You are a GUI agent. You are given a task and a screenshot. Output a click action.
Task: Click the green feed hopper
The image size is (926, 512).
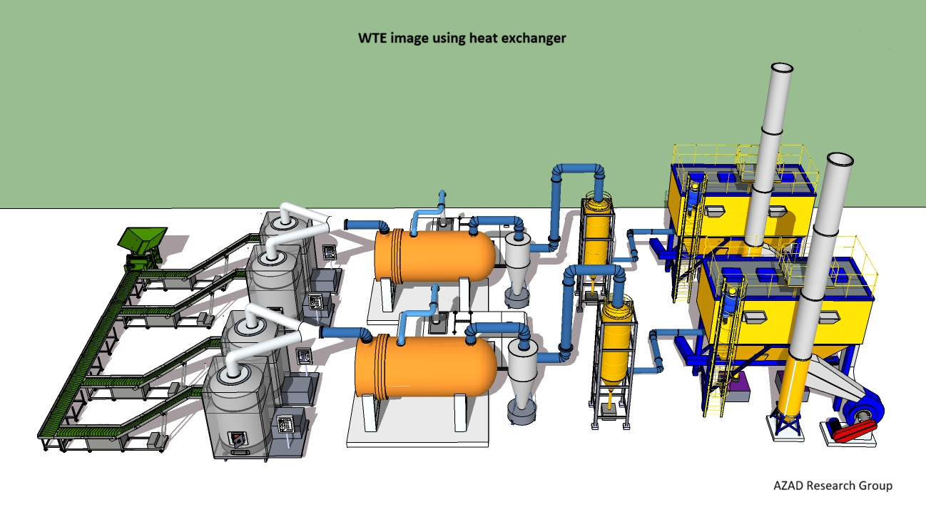[143, 241]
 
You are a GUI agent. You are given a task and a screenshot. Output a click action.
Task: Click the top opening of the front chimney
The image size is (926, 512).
[840, 158]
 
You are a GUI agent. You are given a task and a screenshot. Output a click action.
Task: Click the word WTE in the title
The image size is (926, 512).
[372, 38]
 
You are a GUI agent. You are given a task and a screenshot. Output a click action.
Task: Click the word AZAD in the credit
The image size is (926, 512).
[790, 486]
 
